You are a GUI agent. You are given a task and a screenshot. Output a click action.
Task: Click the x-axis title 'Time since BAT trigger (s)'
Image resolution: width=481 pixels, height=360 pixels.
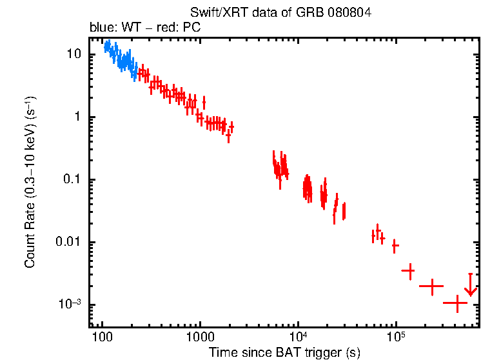click(x=284, y=352)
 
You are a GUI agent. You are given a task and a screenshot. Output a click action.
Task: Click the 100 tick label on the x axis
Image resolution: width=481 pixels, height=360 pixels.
click(x=102, y=337)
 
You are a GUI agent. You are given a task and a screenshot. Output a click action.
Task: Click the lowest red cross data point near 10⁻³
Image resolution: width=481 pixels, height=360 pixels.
click(x=456, y=302)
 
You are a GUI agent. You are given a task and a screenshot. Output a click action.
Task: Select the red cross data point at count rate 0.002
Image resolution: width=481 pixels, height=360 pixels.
click(x=431, y=285)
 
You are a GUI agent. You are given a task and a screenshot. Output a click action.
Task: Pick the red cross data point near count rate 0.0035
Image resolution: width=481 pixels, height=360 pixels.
click(x=408, y=271)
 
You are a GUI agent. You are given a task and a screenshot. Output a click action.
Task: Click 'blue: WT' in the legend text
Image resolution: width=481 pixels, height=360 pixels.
click(x=109, y=28)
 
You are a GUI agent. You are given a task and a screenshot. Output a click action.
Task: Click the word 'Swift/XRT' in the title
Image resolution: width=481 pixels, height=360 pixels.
click(x=213, y=13)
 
